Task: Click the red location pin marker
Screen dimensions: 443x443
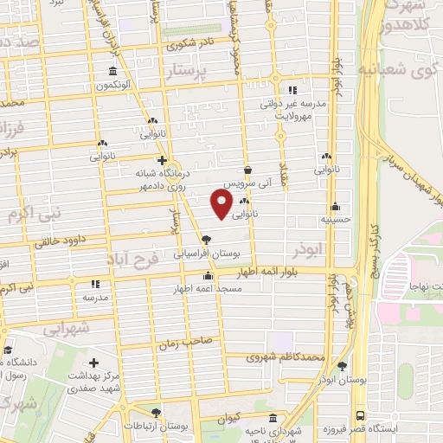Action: [x=221, y=204]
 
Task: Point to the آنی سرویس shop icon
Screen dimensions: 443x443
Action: [x=248, y=170]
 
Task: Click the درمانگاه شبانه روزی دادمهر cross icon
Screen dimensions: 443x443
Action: [x=162, y=160]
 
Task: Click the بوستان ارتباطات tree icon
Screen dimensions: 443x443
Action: [x=156, y=413]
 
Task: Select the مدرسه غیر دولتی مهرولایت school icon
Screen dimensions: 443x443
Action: [x=292, y=89]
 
